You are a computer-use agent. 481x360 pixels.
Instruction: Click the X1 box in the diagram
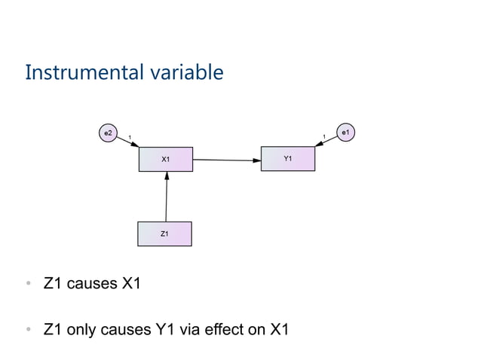tap(166, 160)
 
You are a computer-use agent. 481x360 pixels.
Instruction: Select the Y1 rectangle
tap(287, 159)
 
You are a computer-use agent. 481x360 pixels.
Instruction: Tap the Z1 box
tap(164, 234)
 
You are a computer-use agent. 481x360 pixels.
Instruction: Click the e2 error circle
tap(108, 133)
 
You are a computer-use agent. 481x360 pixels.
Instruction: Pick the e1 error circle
tap(345, 133)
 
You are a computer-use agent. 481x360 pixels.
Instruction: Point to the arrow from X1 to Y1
tap(226, 160)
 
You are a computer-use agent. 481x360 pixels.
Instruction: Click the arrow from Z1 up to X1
tap(166, 197)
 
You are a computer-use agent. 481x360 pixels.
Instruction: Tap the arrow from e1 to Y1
tap(326, 141)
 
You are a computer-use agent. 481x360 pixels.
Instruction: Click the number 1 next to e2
tap(130, 136)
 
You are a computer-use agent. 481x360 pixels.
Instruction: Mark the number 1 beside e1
tap(324, 136)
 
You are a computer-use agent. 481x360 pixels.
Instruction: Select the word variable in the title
tap(189, 73)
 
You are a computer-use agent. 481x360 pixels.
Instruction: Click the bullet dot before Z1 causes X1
tap(28, 285)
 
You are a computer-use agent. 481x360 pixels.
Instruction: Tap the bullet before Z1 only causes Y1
tap(28, 330)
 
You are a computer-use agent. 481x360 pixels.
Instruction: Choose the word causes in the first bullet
tap(87, 285)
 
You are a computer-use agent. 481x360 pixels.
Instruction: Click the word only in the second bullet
tap(82, 330)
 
